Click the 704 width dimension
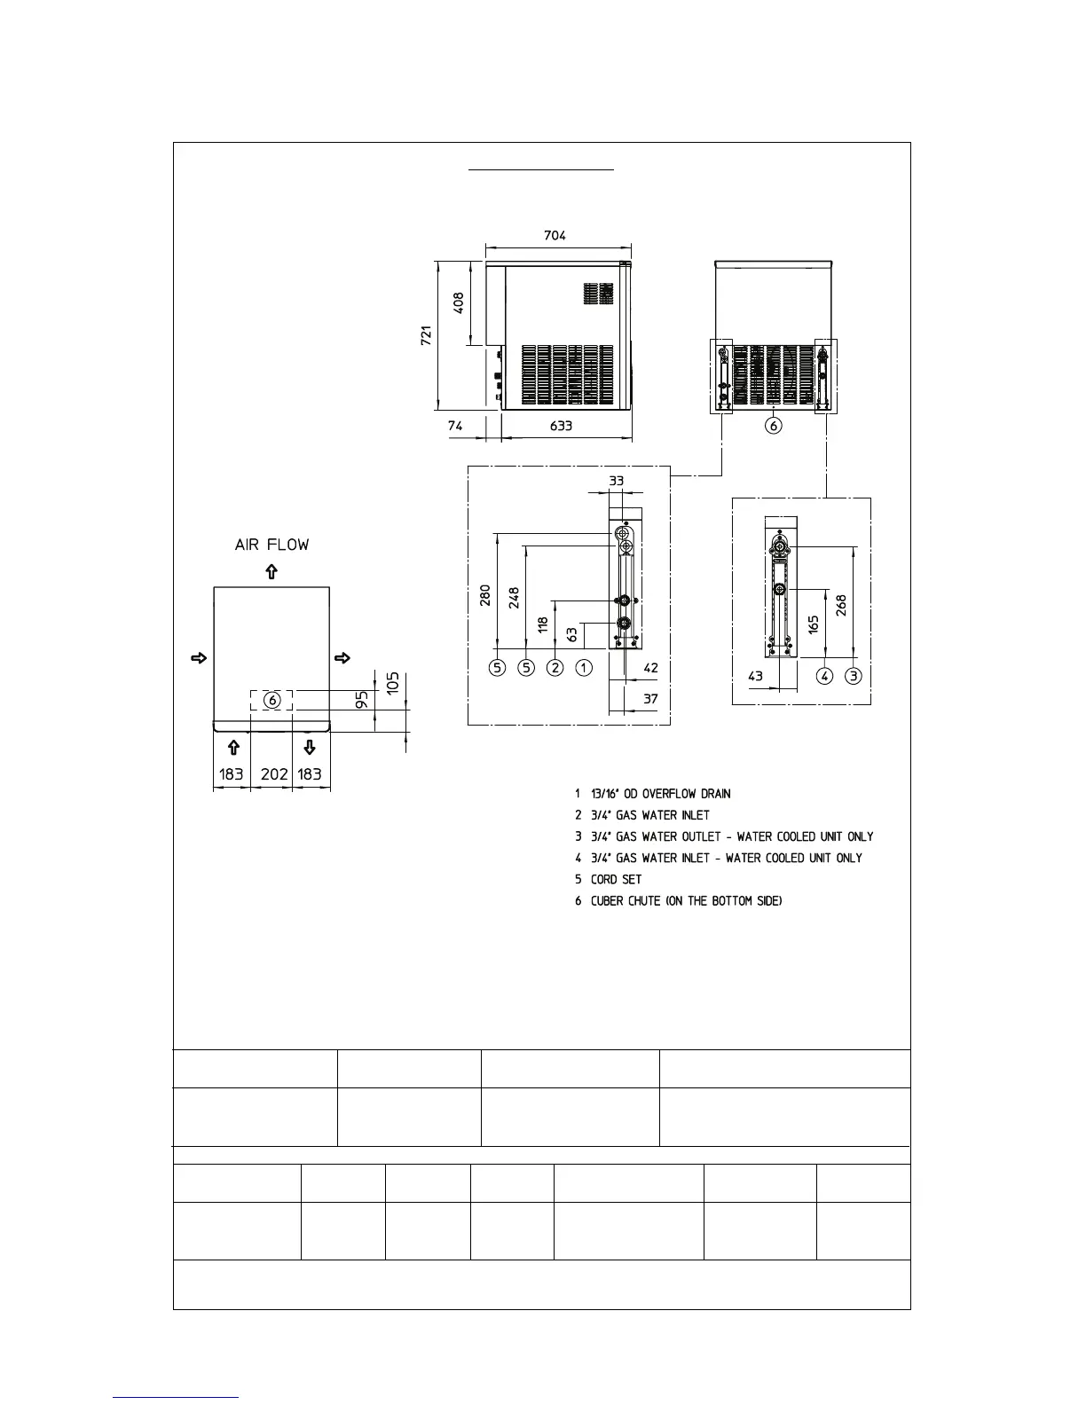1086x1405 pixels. [555, 235]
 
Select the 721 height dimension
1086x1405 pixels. [427, 336]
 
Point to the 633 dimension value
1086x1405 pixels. [561, 426]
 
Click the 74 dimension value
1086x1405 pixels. [455, 426]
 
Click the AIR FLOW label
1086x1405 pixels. [272, 545]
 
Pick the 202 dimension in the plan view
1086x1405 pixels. [274, 774]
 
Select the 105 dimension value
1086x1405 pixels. [394, 682]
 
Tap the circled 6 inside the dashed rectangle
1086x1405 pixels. [272, 700]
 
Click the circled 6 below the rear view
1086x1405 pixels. [774, 426]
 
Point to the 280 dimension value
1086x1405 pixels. [485, 594]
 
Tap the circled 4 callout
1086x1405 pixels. [825, 676]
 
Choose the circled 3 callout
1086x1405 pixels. [854, 676]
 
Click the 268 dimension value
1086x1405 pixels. [841, 605]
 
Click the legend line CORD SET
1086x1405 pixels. [616, 880]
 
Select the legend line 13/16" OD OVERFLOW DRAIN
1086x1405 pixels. [660, 794]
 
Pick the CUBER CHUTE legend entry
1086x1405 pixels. [686, 901]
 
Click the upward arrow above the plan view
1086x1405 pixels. [272, 572]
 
